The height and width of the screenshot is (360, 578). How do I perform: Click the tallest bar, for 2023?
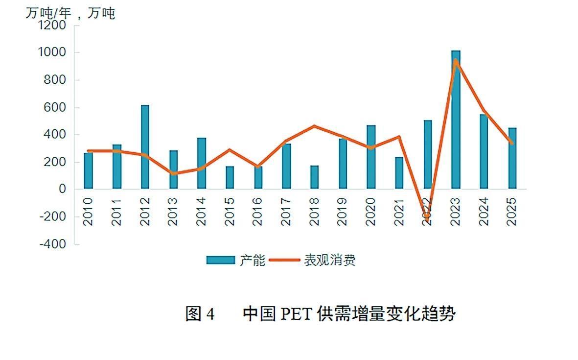click(x=456, y=120)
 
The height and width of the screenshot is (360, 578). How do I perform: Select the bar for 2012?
click(x=145, y=147)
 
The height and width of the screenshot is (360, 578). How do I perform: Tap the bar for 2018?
click(x=314, y=177)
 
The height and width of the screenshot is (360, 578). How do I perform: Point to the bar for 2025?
click(x=512, y=158)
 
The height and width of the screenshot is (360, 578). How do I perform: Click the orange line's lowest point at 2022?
click(x=427, y=216)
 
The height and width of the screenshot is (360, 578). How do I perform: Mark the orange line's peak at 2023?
click(x=456, y=61)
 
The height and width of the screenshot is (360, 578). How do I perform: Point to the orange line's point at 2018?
click(x=314, y=126)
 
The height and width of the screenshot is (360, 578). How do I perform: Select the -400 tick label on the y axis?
click(x=54, y=244)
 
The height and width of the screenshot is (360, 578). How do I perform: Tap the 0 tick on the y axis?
click(x=62, y=189)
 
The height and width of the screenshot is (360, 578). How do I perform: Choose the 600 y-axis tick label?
click(x=56, y=107)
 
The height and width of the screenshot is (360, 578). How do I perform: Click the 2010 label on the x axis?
click(x=88, y=212)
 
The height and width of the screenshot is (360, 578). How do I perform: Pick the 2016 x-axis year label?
click(x=258, y=212)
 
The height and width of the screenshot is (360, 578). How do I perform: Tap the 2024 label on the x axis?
click(x=484, y=212)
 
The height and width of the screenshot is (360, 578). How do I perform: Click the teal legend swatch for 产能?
click(x=220, y=260)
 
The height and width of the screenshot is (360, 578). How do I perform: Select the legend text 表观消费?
click(x=329, y=260)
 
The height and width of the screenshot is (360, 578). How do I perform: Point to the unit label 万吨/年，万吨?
click(x=70, y=13)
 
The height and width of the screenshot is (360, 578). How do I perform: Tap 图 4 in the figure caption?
click(x=200, y=314)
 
